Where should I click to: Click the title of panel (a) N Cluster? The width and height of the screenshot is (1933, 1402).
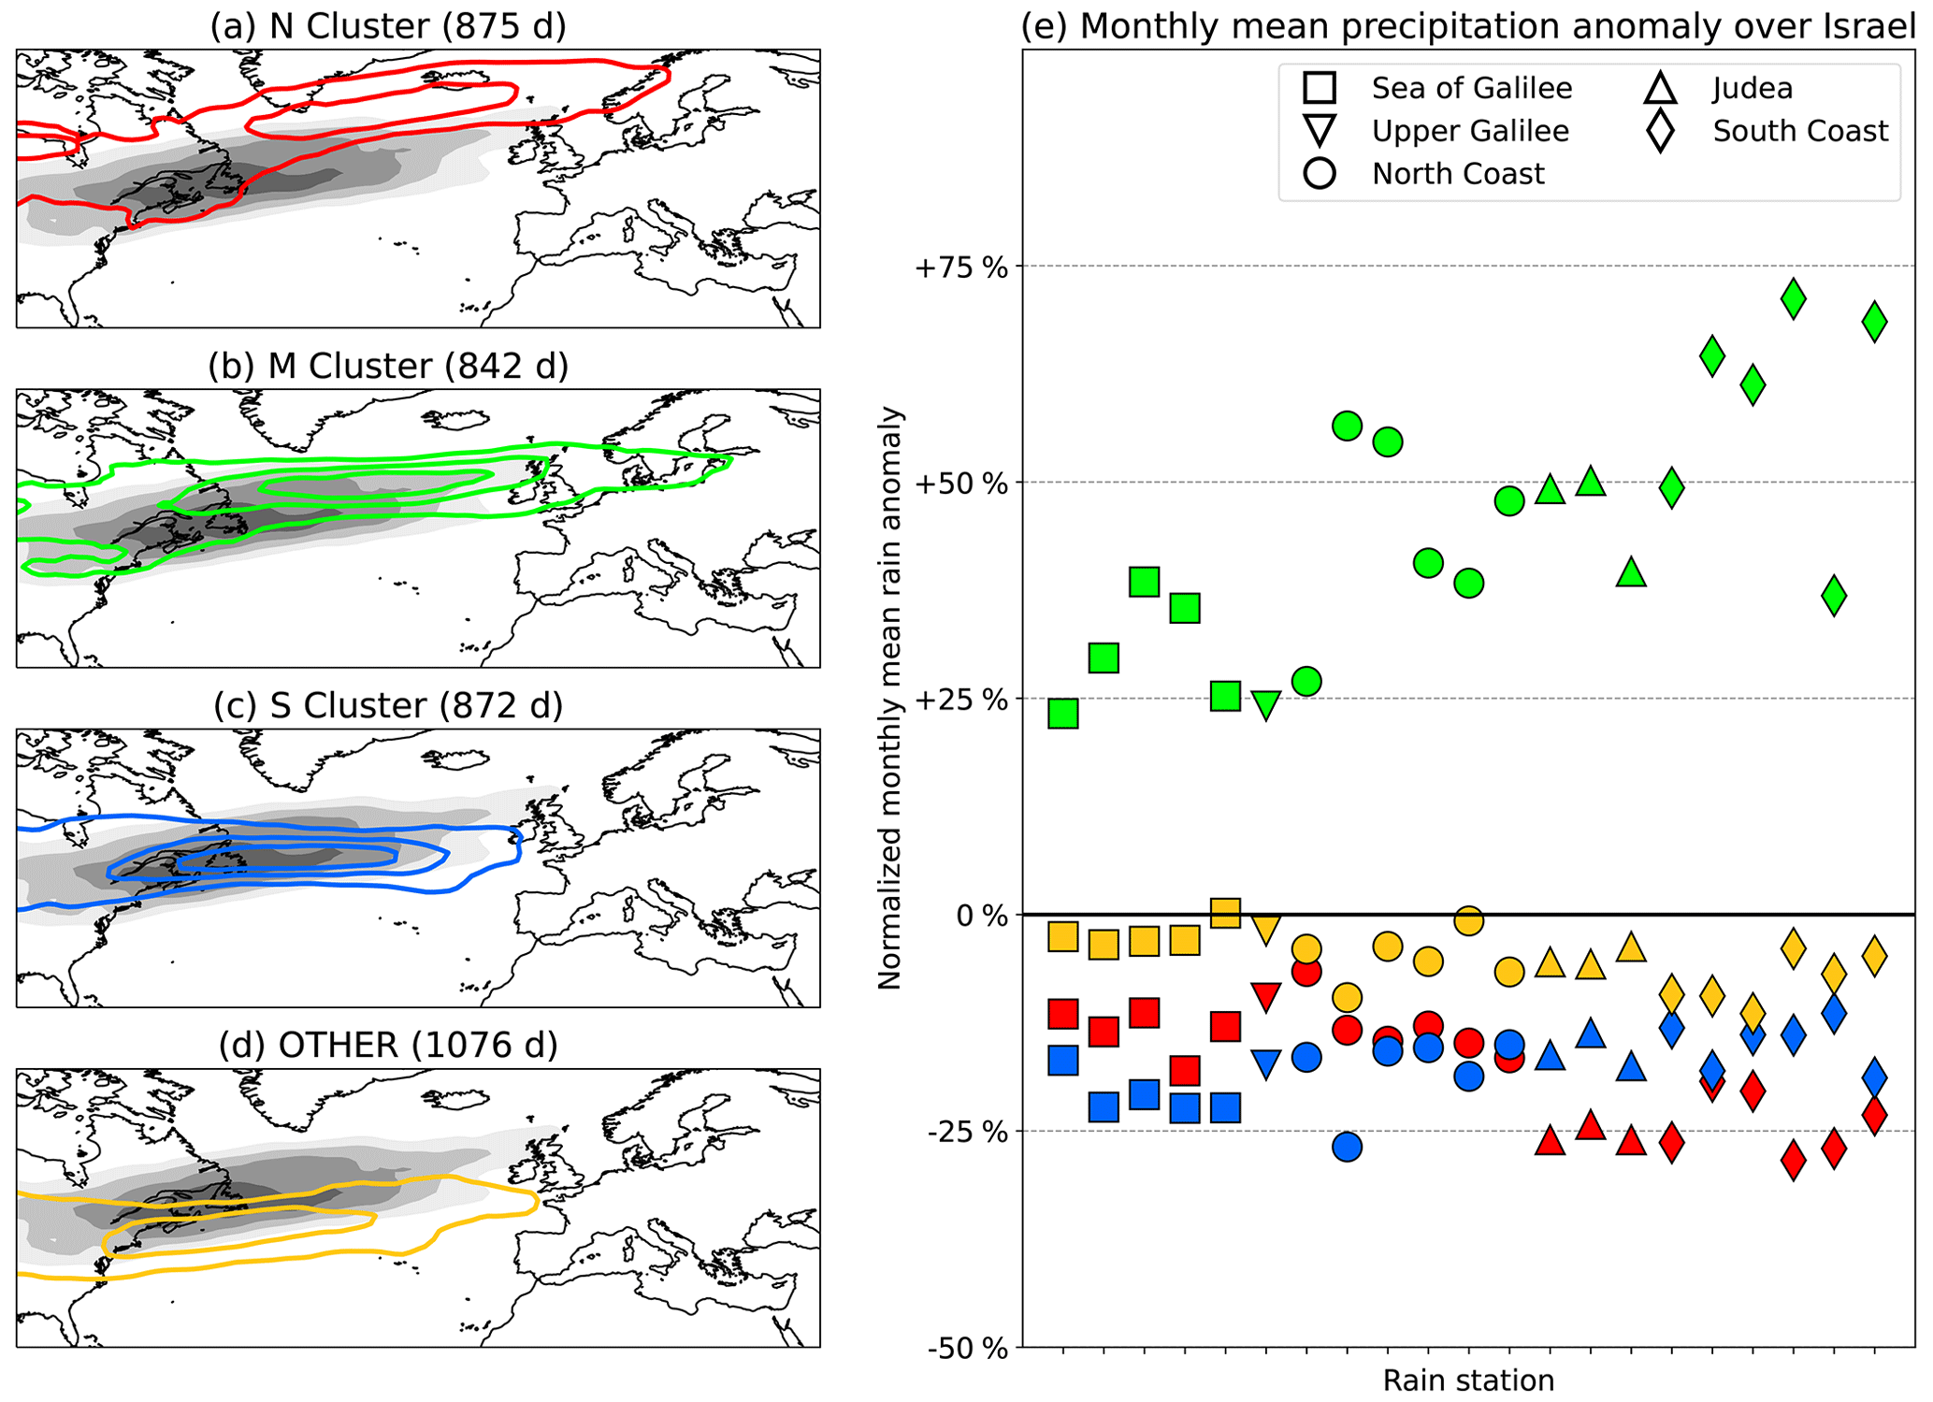click(388, 26)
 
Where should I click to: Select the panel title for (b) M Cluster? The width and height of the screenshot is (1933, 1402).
click(388, 366)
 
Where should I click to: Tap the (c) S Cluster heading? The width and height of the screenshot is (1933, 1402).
click(388, 705)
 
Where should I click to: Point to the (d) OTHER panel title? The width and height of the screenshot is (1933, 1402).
click(388, 1045)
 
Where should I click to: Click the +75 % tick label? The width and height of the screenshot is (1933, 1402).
click(962, 268)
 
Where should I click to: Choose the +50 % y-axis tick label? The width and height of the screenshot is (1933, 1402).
click(962, 484)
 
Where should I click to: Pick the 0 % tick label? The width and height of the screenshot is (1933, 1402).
click(982, 916)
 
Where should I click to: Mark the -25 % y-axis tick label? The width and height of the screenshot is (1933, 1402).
click(967, 1133)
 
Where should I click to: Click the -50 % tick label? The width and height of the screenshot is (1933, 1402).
click(967, 1349)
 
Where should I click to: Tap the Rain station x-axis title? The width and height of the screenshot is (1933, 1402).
click(1468, 1380)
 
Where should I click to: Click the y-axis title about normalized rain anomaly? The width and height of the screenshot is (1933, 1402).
click(889, 698)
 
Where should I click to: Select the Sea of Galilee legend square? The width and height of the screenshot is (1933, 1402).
click(1319, 88)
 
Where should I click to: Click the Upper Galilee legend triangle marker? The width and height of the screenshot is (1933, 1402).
click(1319, 130)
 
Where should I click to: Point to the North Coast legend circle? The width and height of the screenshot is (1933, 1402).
click(1319, 173)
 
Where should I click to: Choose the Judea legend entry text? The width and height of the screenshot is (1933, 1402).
click(1753, 88)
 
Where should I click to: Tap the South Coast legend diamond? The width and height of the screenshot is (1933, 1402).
click(1661, 130)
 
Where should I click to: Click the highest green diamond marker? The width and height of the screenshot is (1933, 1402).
click(1793, 299)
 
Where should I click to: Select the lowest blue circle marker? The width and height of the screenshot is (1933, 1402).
click(1347, 1147)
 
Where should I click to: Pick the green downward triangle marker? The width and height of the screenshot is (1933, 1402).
click(1265, 704)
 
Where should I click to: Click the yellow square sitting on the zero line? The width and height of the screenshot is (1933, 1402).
click(1225, 912)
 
